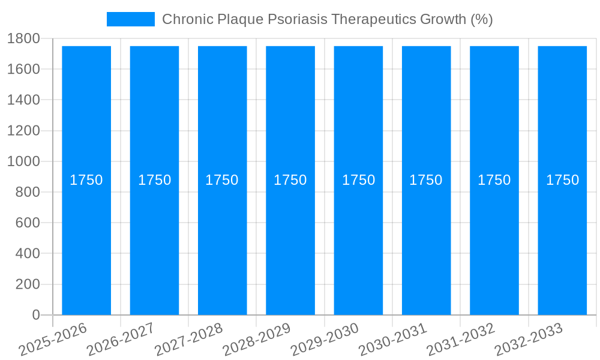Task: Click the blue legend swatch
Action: [x=130, y=19]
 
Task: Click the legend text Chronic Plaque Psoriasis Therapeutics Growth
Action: [x=327, y=19]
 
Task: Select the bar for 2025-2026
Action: [x=86, y=240]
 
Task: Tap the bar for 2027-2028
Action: [x=222, y=240]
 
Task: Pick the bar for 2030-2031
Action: [x=426, y=240]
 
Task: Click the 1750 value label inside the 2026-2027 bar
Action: [x=154, y=180]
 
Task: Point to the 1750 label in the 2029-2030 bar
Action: [x=358, y=180]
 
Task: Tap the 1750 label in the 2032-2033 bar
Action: [x=562, y=180]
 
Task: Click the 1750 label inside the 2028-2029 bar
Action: [x=290, y=180]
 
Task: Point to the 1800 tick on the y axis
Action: [x=23, y=38]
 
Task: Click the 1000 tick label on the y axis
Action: [x=23, y=161]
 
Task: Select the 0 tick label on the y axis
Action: [x=35, y=315]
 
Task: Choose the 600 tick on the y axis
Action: [x=27, y=223]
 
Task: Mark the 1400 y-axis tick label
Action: [x=23, y=100]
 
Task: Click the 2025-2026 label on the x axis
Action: [x=53, y=340]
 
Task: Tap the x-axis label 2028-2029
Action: [x=257, y=340]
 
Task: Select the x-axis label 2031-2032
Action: [x=461, y=340]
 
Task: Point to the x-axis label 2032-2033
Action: [x=529, y=340]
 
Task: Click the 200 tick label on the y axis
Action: [x=27, y=284]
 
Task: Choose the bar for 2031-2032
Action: [x=494, y=240]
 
